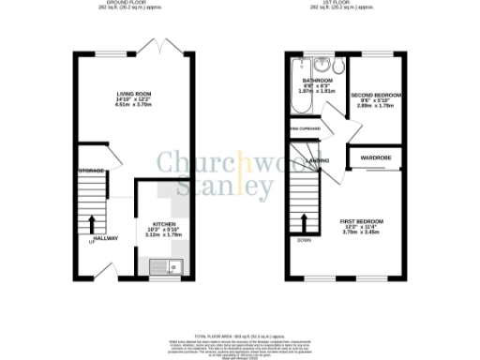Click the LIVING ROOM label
[130, 95]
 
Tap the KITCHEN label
[164, 225]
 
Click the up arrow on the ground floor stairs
[92, 223]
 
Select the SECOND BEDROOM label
[376, 97]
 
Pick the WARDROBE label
[373, 158]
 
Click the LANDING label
[319, 160]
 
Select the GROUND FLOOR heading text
[131, 4]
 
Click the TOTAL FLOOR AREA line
[239, 335]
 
